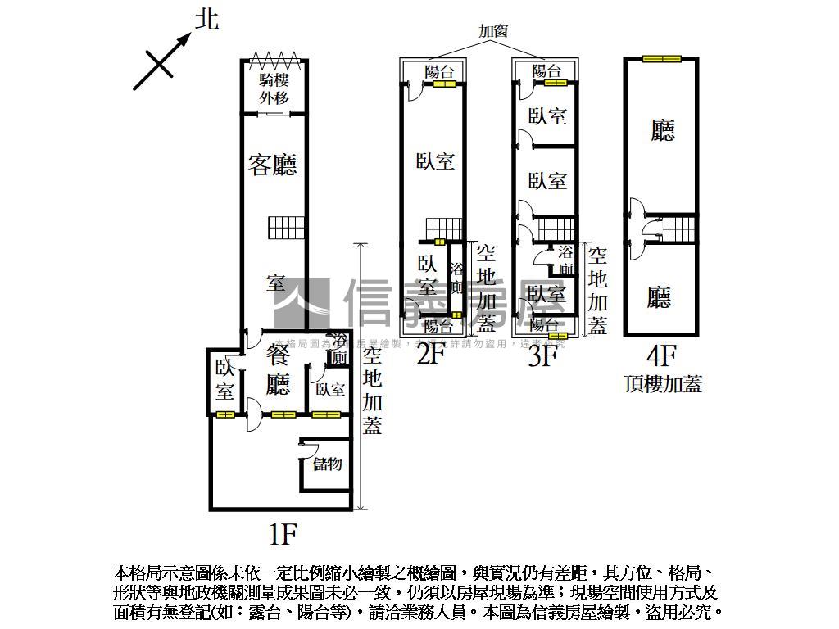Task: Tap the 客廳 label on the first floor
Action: tap(272, 165)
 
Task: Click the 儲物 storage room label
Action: tap(327, 464)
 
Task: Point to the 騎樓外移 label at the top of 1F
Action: tap(275, 88)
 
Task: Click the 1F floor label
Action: tap(282, 535)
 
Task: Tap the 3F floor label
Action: tap(543, 355)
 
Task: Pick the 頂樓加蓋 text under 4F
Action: tap(663, 384)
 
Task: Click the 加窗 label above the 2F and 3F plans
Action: tap(493, 32)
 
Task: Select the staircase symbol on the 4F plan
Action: tap(679, 229)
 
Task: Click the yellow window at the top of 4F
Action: tap(662, 58)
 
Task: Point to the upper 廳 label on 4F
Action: tap(663, 130)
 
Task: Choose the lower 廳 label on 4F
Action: tap(660, 297)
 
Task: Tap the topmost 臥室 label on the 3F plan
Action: tap(547, 116)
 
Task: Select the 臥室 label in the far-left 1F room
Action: tap(225, 379)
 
